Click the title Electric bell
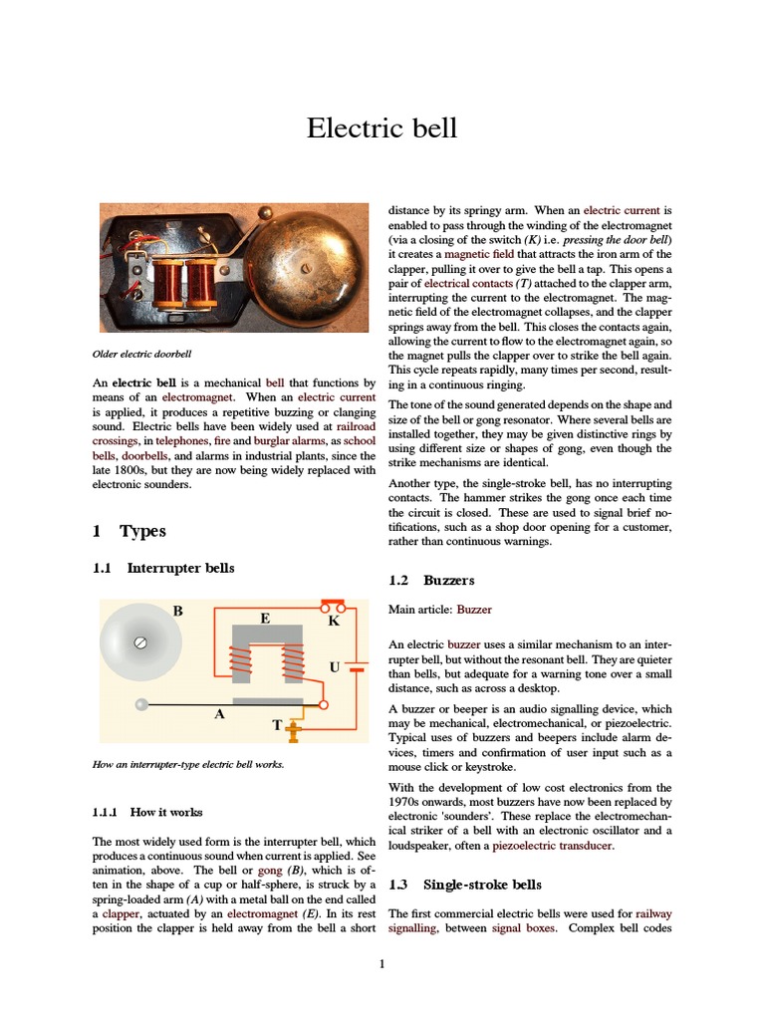382,128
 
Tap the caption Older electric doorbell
141,354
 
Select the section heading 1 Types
129,531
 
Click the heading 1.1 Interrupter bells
163,568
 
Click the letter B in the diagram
178,611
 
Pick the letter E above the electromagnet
265,618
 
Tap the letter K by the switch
334,621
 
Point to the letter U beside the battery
335,666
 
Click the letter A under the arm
219,714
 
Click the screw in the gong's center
140,642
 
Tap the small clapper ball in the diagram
141,704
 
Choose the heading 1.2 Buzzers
431,580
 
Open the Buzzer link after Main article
474,609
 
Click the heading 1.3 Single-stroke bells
465,884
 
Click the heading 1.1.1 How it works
147,812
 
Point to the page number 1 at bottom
382,964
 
